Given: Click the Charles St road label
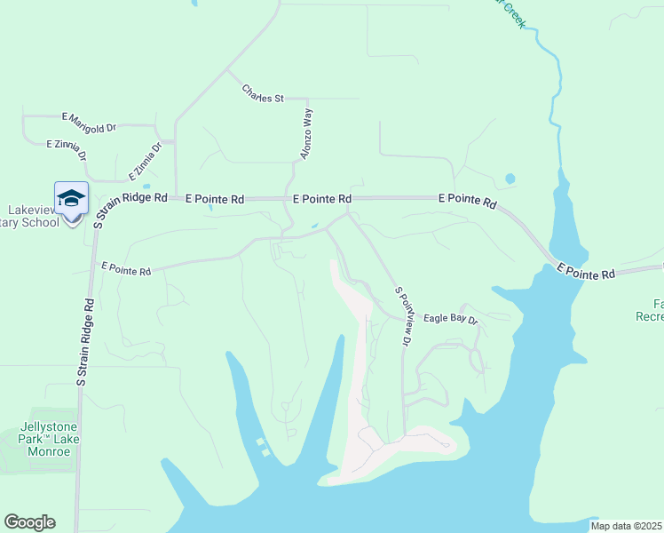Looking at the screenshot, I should pyautogui.click(x=262, y=93).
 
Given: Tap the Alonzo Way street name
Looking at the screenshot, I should pyautogui.click(x=306, y=134).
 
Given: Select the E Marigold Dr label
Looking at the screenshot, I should pyautogui.click(x=89, y=123).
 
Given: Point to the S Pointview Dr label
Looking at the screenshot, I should pyautogui.click(x=403, y=316).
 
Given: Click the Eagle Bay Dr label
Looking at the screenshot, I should pyautogui.click(x=450, y=318).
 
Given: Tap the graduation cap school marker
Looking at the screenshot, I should pyautogui.click(x=71, y=198).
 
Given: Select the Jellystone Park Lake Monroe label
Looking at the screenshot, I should pyautogui.click(x=44, y=439).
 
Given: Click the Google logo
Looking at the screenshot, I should pyautogui.click(x=29, y=522).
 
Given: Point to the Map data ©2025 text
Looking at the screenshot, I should pyautogui.click(x=626, y=526).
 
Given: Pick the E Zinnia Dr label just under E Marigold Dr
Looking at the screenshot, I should pyautogui.click(x=67, y=147).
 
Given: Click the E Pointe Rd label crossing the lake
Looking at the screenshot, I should pyautogui.click(x=585, y=271).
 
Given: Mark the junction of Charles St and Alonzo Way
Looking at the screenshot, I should pyautogui.click(x=307, y=99).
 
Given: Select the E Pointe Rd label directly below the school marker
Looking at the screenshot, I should pyautogui.click(x=125, y=269).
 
